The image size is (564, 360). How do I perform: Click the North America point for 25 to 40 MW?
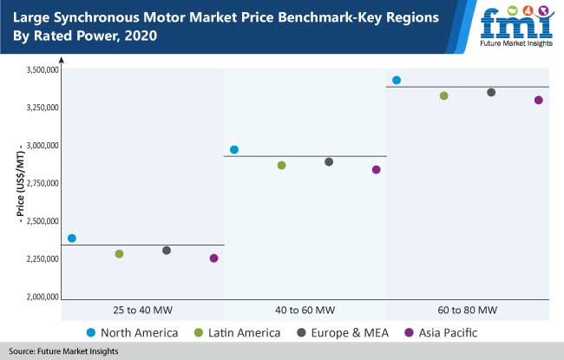pos(72,238)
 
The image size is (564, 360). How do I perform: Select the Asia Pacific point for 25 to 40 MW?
pos(213,258)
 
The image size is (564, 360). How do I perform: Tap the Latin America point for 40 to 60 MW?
pos(281,165)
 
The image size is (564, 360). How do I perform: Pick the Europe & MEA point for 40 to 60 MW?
pos(329,161)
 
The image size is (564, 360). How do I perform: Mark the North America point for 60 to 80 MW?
pos(397,80)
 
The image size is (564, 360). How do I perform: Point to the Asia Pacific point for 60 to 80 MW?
pos(538,100)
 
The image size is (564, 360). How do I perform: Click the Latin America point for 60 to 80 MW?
pos(444,95)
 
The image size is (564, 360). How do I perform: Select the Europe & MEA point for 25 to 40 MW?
pos(167,250)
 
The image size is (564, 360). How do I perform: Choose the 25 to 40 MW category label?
pos(145,311)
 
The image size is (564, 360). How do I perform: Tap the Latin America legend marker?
pos(199,332)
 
